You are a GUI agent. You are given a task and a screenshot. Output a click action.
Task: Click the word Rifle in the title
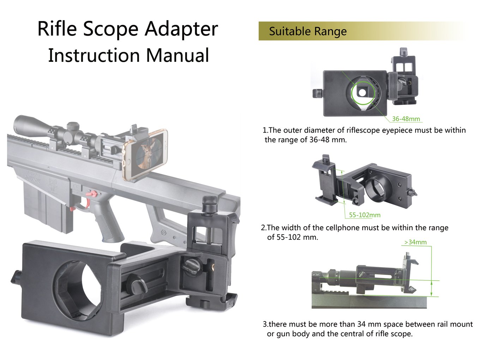(x=57, y=29)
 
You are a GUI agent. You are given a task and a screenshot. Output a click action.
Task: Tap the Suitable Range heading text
(x=308, y=31)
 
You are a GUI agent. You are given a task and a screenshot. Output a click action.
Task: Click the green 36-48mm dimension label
(x=406, y=119)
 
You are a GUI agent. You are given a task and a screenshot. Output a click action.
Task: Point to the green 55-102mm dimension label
(x=365, y=215)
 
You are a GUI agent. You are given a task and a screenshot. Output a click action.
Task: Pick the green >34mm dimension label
(x=415, y=242)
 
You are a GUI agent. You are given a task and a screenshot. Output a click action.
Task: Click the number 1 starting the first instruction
(x=265, y=130)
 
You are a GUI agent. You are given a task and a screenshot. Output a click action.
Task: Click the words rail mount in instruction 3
(x=455, y=324)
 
